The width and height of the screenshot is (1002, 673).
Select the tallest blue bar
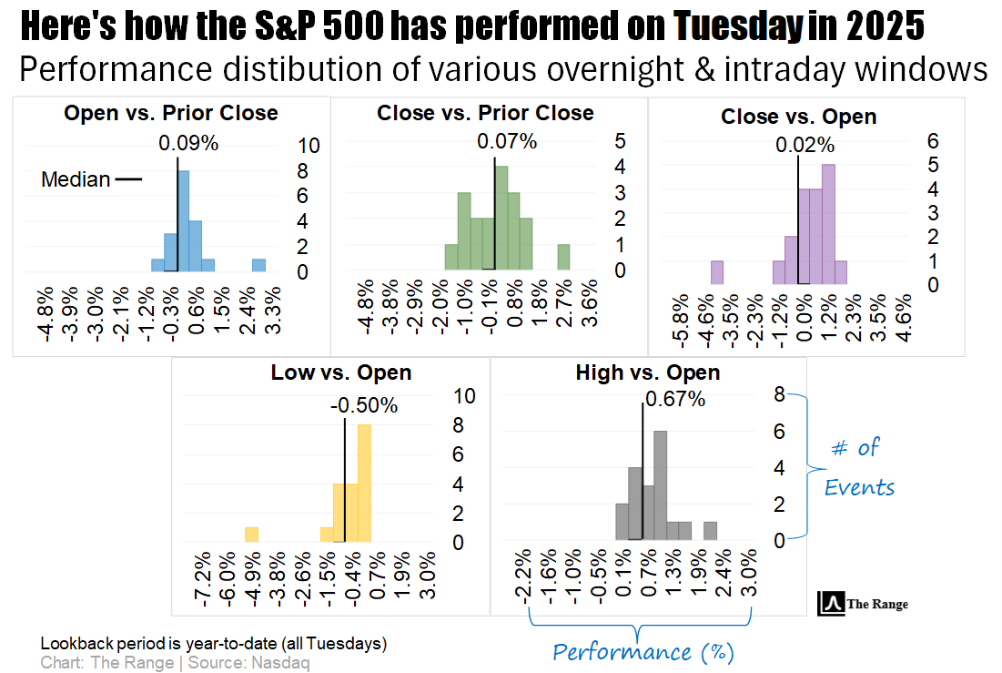tap(183, 220)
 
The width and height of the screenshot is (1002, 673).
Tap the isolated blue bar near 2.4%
tap(258, 265)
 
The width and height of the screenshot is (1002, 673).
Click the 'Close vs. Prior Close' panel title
tap(485, 113)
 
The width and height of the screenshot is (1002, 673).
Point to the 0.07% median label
tap(507, 141)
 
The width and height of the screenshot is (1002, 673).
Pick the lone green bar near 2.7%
tap(563, 257)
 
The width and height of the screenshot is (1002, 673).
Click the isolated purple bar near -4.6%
tap(716, 272)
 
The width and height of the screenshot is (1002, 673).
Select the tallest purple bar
tap(827, 224)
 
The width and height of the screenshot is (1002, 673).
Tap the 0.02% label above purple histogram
tap(805, 145)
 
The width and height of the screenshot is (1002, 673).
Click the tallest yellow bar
tap(365, 484)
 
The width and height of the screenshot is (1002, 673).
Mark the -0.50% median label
tap(363, 406)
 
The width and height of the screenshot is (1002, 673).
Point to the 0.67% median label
tap(675, 399)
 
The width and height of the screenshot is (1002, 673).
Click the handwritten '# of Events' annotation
tap(858, 467)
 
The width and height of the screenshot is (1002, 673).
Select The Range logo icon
tap(830, 603)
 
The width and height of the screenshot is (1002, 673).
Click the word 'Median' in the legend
tap(76, 179)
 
